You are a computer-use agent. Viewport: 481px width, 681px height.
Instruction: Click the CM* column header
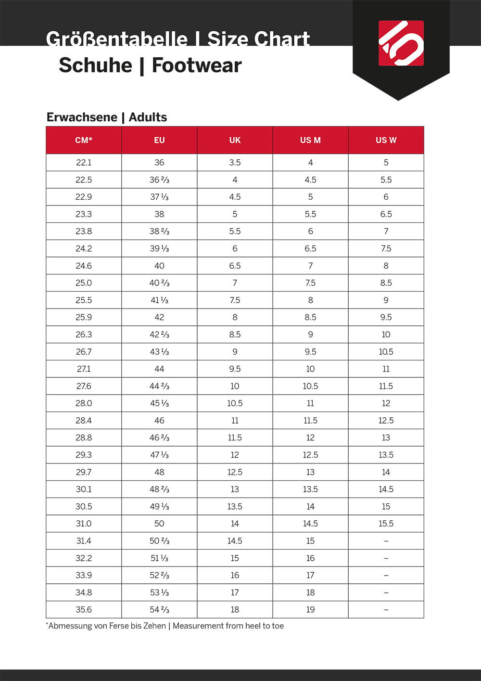point(84,140)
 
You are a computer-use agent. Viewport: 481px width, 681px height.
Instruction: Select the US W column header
point(386,140)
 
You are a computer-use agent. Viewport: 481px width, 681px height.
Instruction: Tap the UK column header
point(235,140)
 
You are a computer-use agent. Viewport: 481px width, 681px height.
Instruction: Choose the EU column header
point(159,140)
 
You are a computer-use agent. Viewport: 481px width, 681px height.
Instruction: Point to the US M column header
point(310,140)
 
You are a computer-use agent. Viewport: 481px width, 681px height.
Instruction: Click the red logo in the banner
point(401,43)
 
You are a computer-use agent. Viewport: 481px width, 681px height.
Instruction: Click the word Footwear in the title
point(197,65)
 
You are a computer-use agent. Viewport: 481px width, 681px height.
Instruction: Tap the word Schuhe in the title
point(95,65)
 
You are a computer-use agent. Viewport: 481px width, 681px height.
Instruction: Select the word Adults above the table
point(148,117)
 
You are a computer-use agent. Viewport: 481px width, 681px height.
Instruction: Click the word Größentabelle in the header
point(116,39)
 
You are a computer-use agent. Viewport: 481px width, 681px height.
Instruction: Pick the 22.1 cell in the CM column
point(84,163)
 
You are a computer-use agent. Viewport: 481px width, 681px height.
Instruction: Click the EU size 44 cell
point(159,369)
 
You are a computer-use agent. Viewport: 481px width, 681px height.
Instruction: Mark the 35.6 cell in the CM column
point(84,610)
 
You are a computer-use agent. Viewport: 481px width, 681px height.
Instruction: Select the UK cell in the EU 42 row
point(235,318)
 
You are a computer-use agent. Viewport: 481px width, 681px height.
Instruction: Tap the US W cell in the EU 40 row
point(386,266)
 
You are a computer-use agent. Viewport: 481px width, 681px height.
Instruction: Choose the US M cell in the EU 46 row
point(310,421)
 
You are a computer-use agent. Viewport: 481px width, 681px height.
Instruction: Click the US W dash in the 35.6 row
point(386,610)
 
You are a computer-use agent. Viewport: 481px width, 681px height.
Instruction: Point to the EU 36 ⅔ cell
point(159,180)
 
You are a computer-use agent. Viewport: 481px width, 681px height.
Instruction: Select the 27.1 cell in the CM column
point(84,369)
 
